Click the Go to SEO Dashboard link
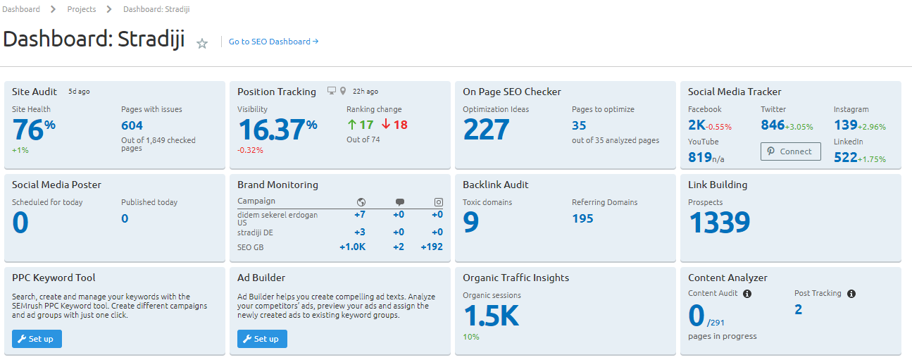coord(273,42)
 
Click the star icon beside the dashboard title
coord(202,44)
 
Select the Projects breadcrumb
coord(82,9)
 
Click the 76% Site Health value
coord(33,130)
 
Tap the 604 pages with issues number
coord(132,125)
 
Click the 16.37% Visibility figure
coord(277,130)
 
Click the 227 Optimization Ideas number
coord(486,130)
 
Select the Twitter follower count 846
coord(773,125)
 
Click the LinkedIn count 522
coord(845,158)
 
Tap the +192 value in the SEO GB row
coord(431,247)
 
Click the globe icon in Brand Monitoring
coord(361,201)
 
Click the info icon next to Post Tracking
coord(851,294)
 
